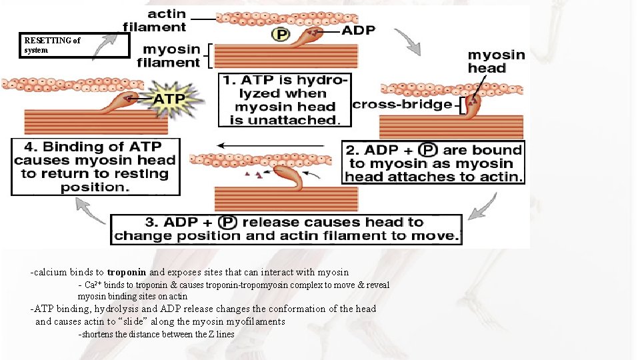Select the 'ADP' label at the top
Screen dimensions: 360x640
tap(358, 30)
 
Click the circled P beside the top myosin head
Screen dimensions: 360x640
tap(281, 34)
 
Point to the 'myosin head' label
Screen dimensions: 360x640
tap(496, 61)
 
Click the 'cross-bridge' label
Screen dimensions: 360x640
tap(401, 105)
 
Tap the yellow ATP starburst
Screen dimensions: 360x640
tap(168, 100)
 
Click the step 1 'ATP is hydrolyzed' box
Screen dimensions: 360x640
tap(285, 100)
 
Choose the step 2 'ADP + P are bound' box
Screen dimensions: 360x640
tap(433, 162)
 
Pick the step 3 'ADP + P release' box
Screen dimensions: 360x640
tap(286, 229)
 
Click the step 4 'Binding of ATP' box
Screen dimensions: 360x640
tap(95, 167)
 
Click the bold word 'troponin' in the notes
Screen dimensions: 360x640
tap(127, 272)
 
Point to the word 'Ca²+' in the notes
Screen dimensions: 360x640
tap(94, 285)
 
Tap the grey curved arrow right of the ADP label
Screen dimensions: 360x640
tap(409, 41)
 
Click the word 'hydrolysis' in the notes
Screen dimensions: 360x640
tap(117, 309)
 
